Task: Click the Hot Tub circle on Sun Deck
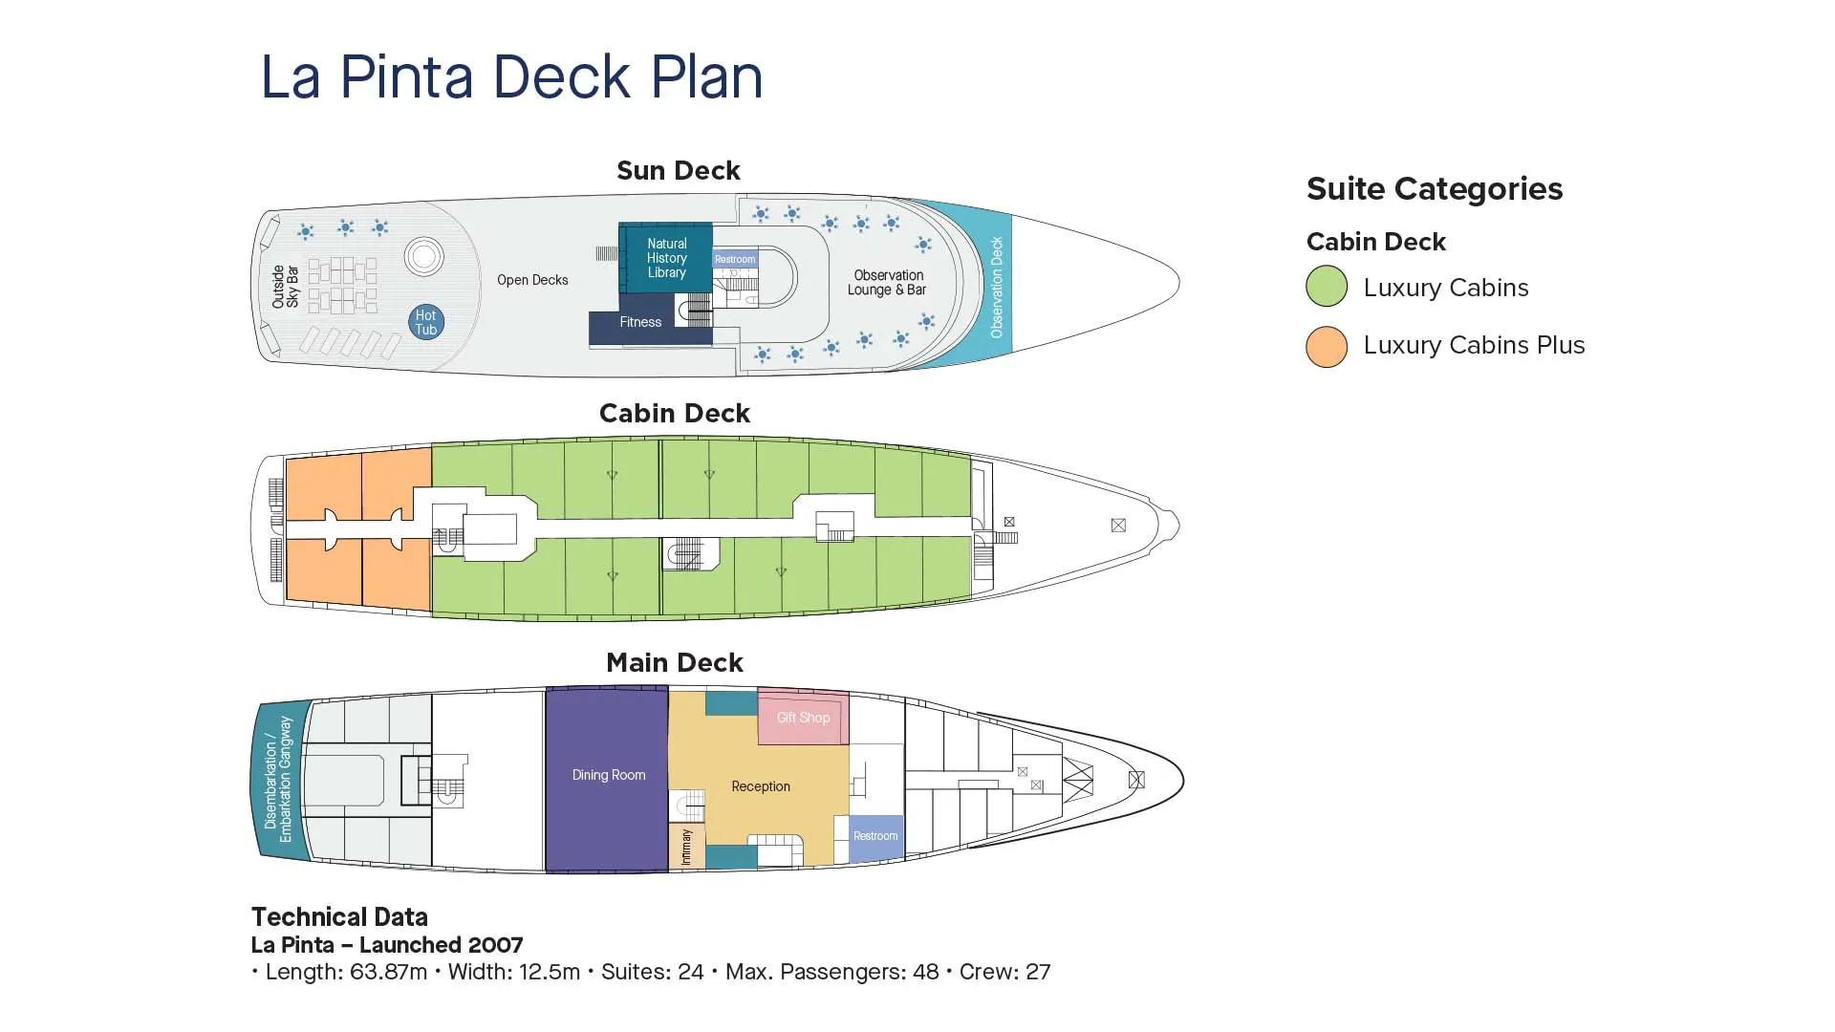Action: [426, 322]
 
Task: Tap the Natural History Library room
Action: [666, 258]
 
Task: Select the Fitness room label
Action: [640, 322]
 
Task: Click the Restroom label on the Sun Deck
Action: [735, 259]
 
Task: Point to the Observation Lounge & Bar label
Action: [887, 282]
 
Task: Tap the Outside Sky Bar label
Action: [285, 287]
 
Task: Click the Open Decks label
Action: [532, 280]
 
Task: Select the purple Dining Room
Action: [608, 775]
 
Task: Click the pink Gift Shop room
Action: [803, 718]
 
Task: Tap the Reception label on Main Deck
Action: [761, 786]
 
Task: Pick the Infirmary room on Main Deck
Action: [686, 847]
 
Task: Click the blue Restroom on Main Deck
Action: [875, 836]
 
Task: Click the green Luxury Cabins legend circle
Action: [1327, 287]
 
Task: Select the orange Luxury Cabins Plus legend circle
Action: [1327, 346]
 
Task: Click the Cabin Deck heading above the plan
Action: [674, 414]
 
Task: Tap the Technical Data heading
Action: [339, 917]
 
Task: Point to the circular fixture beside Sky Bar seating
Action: [423, 256]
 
